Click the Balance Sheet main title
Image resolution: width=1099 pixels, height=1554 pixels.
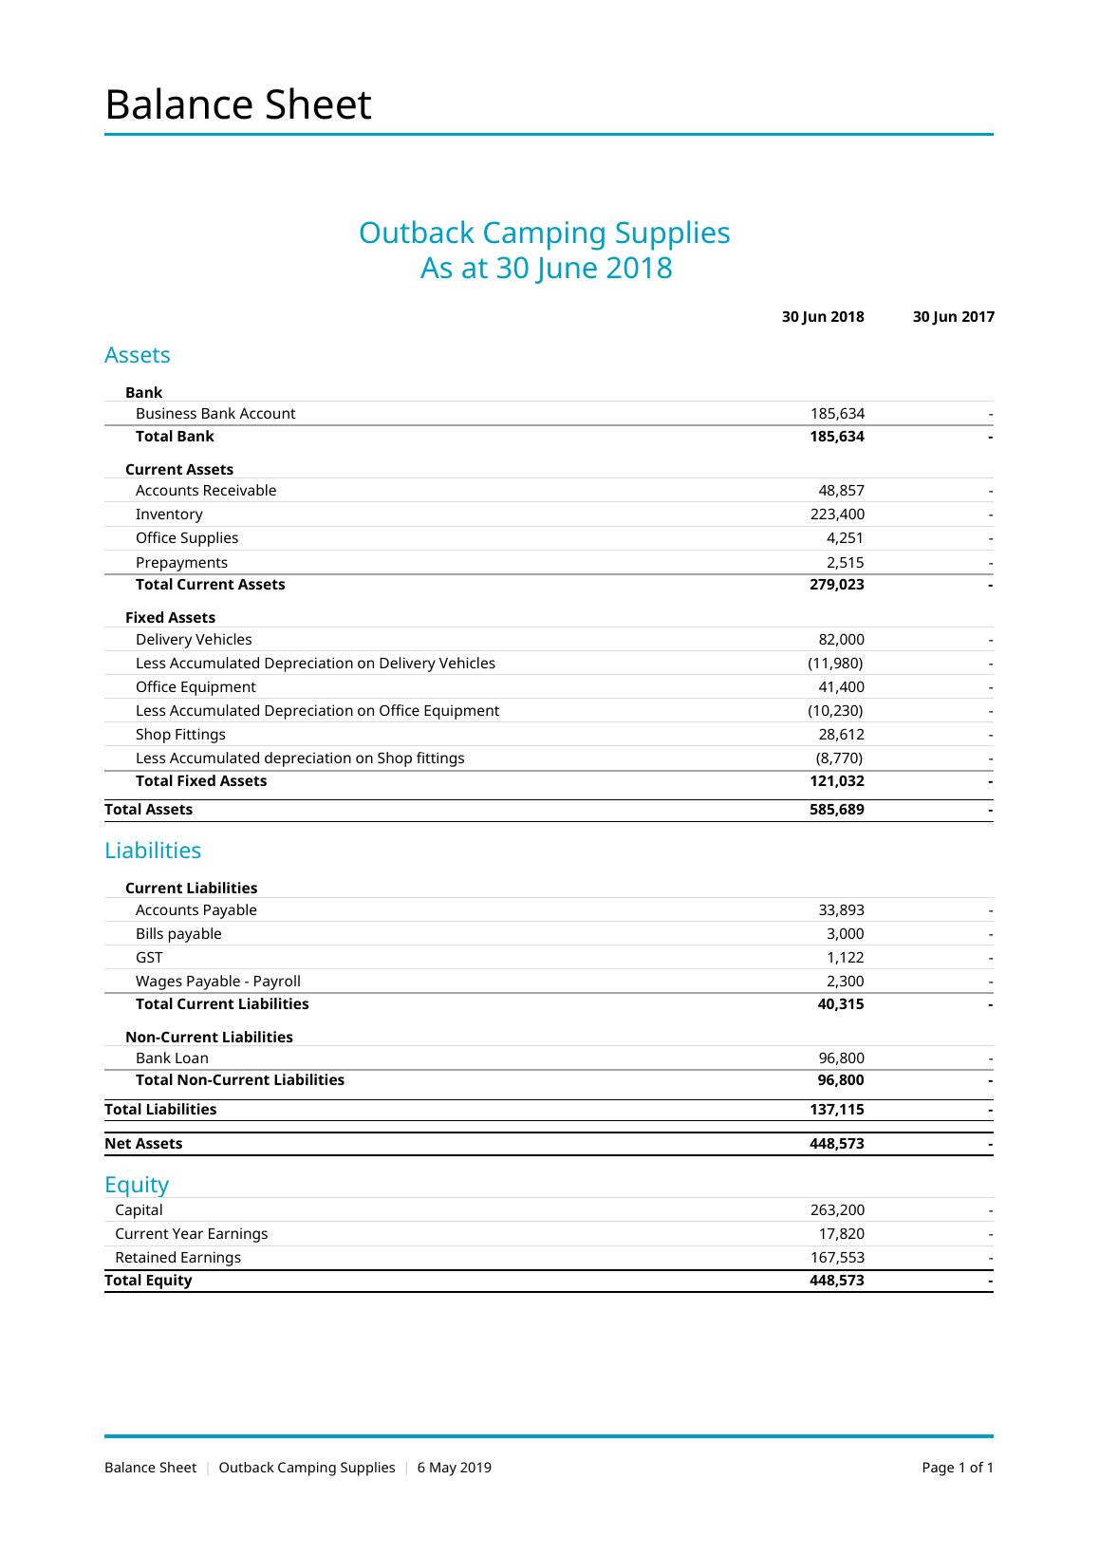[x=237, y=104]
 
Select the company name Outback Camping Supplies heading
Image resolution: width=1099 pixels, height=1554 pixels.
[x=544, y=233]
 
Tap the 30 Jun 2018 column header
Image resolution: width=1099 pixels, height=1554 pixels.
[x=823, y=317]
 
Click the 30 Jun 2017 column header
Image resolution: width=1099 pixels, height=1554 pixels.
[x=953, y=317]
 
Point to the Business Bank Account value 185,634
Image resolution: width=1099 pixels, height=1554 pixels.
[x=837, y=414]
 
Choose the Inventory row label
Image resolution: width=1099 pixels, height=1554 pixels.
[x=169, y=515]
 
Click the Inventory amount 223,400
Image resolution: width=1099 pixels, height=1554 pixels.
[x=830, y=515]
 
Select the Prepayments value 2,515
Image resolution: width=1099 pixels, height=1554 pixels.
[x=845, y=563]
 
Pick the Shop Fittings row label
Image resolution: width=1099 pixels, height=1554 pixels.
[x=180, y=735]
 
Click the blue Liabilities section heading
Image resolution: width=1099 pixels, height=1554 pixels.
[x=153, y=851]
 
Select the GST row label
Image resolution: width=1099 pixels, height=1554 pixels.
[x=149, y=958]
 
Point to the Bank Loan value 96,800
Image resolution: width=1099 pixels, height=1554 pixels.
[x=841, y=1058]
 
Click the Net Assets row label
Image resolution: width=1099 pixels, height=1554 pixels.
[x=143, y=1144]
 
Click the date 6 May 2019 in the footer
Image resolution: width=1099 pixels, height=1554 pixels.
[x=455, y=1468]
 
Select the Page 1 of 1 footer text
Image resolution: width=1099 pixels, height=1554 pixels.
[x=958, y=1468]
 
